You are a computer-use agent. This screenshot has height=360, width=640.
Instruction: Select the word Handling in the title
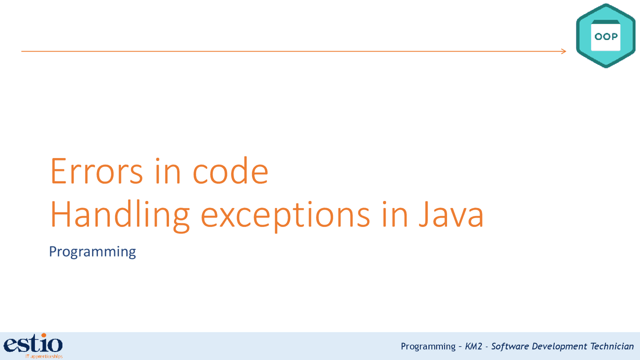click(120, 215)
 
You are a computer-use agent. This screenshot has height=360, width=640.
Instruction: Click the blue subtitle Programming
click(92, 251)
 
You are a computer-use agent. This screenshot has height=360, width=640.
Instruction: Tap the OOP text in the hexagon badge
click(605, 36)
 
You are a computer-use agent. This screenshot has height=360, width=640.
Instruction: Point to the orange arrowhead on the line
click(563, 51)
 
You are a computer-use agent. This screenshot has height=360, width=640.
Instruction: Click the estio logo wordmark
click(33, 344)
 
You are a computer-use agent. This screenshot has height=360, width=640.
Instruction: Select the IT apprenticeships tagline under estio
click(44, 356)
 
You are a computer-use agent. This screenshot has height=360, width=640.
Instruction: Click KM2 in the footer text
click(473, 346)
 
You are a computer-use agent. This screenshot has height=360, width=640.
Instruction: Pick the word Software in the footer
click(510, 346)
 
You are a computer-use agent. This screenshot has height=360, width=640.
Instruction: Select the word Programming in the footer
click(428, 346)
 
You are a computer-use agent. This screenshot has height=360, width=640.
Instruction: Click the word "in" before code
click(167, 171)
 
